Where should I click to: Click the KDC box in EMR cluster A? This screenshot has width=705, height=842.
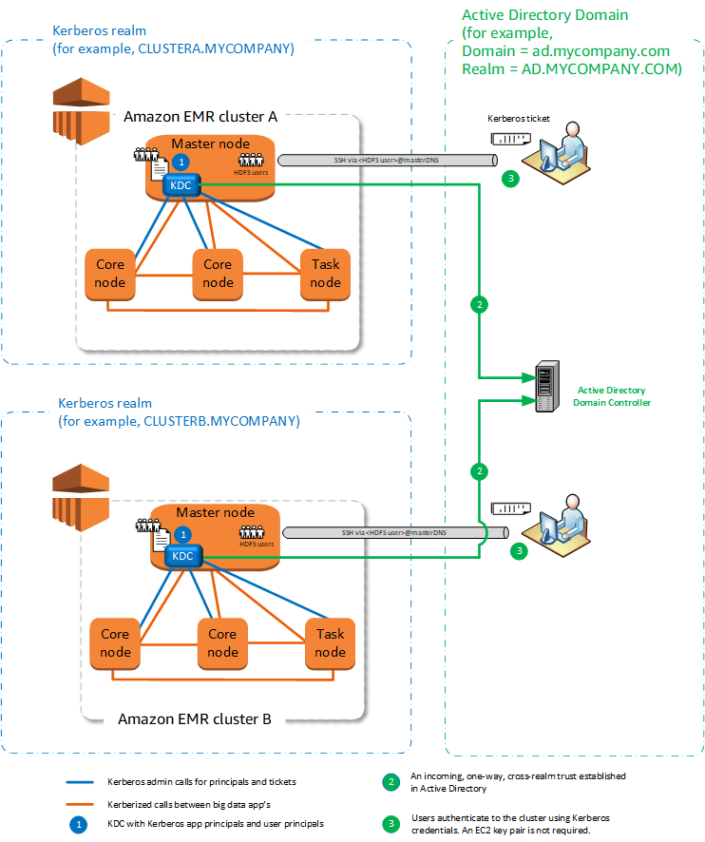point(181,186)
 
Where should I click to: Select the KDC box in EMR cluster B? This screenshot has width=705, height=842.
point(182,557)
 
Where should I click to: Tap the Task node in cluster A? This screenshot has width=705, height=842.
point(325,274)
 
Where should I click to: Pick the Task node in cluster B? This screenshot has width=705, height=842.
point(330,643)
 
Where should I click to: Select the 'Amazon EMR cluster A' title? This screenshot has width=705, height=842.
point(200,116)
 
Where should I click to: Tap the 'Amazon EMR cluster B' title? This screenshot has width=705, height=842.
point(195,718)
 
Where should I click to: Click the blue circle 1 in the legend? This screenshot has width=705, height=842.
point(81,824)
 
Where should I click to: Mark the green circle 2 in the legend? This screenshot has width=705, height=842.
point(391,782)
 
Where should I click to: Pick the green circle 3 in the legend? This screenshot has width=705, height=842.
point(391,823)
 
